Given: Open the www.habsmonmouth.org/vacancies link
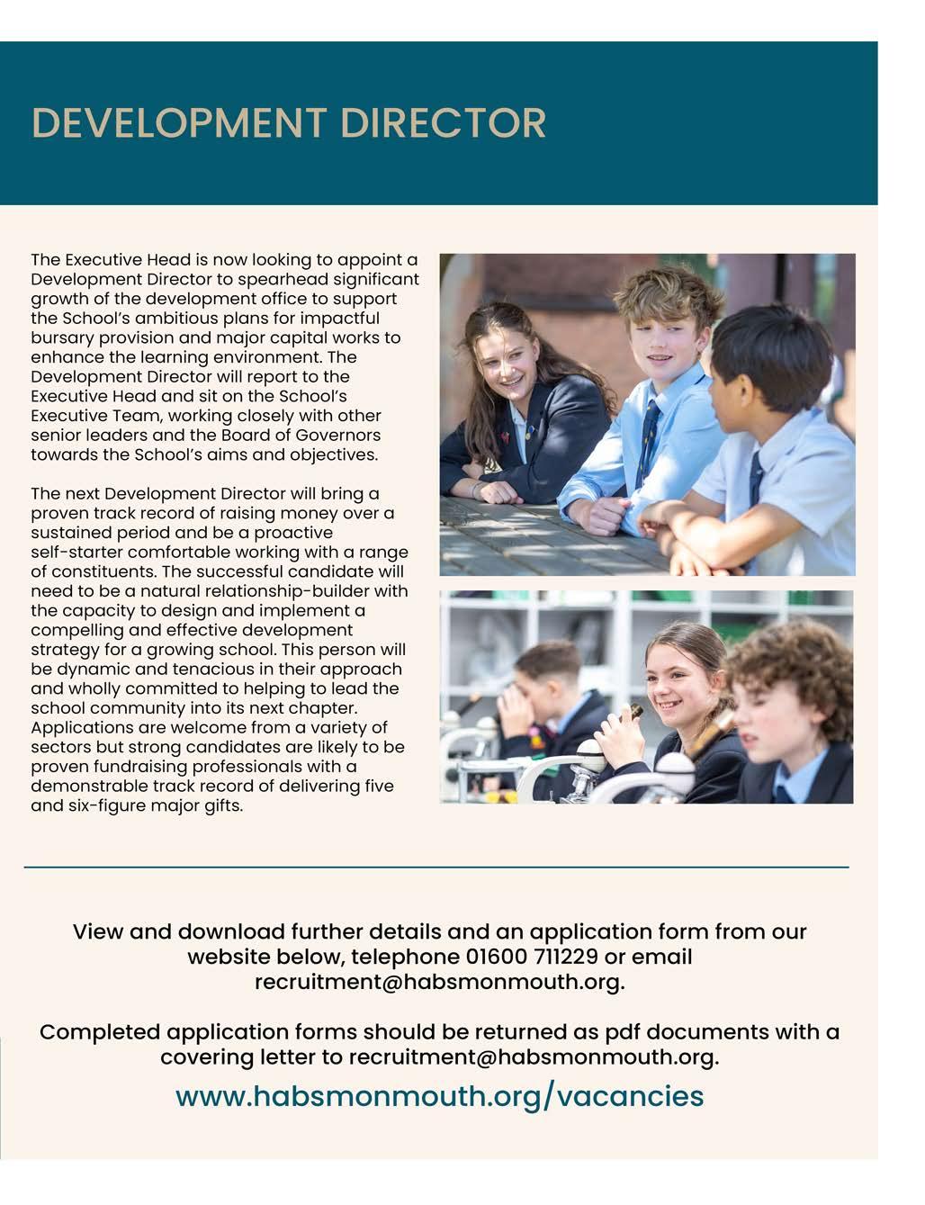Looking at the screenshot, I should click(x=439, y=1096).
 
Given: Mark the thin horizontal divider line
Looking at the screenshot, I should click(x=436, y=868).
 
